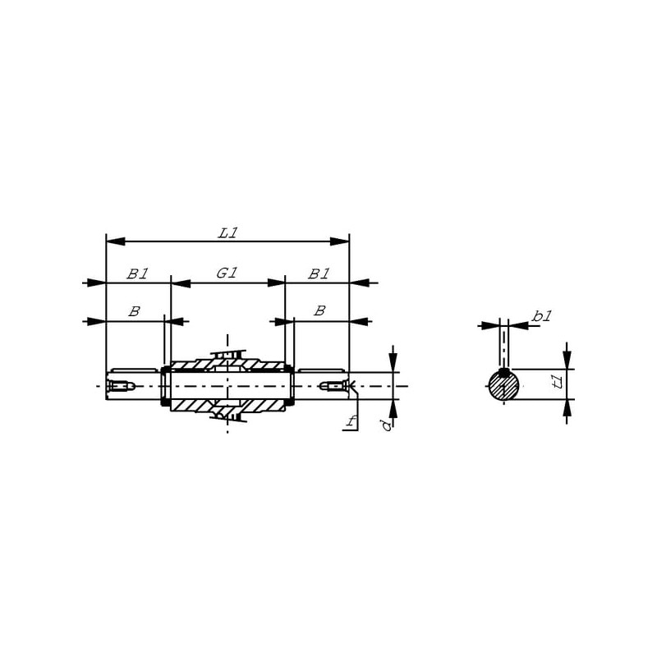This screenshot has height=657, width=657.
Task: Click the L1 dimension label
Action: [228, 233]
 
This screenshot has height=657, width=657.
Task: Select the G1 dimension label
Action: [227, 273]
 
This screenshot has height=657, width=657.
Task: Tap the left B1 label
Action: [137, 274]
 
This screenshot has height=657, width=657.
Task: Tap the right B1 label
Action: [319, 274]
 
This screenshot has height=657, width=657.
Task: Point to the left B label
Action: [134, 311]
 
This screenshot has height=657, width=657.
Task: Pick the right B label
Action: [319, 311]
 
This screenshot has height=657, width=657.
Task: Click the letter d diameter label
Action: [387, 425]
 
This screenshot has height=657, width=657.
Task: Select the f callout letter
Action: [351, 421]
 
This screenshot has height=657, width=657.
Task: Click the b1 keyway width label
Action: [542, 316]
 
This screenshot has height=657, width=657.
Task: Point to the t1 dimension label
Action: [558, 382]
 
